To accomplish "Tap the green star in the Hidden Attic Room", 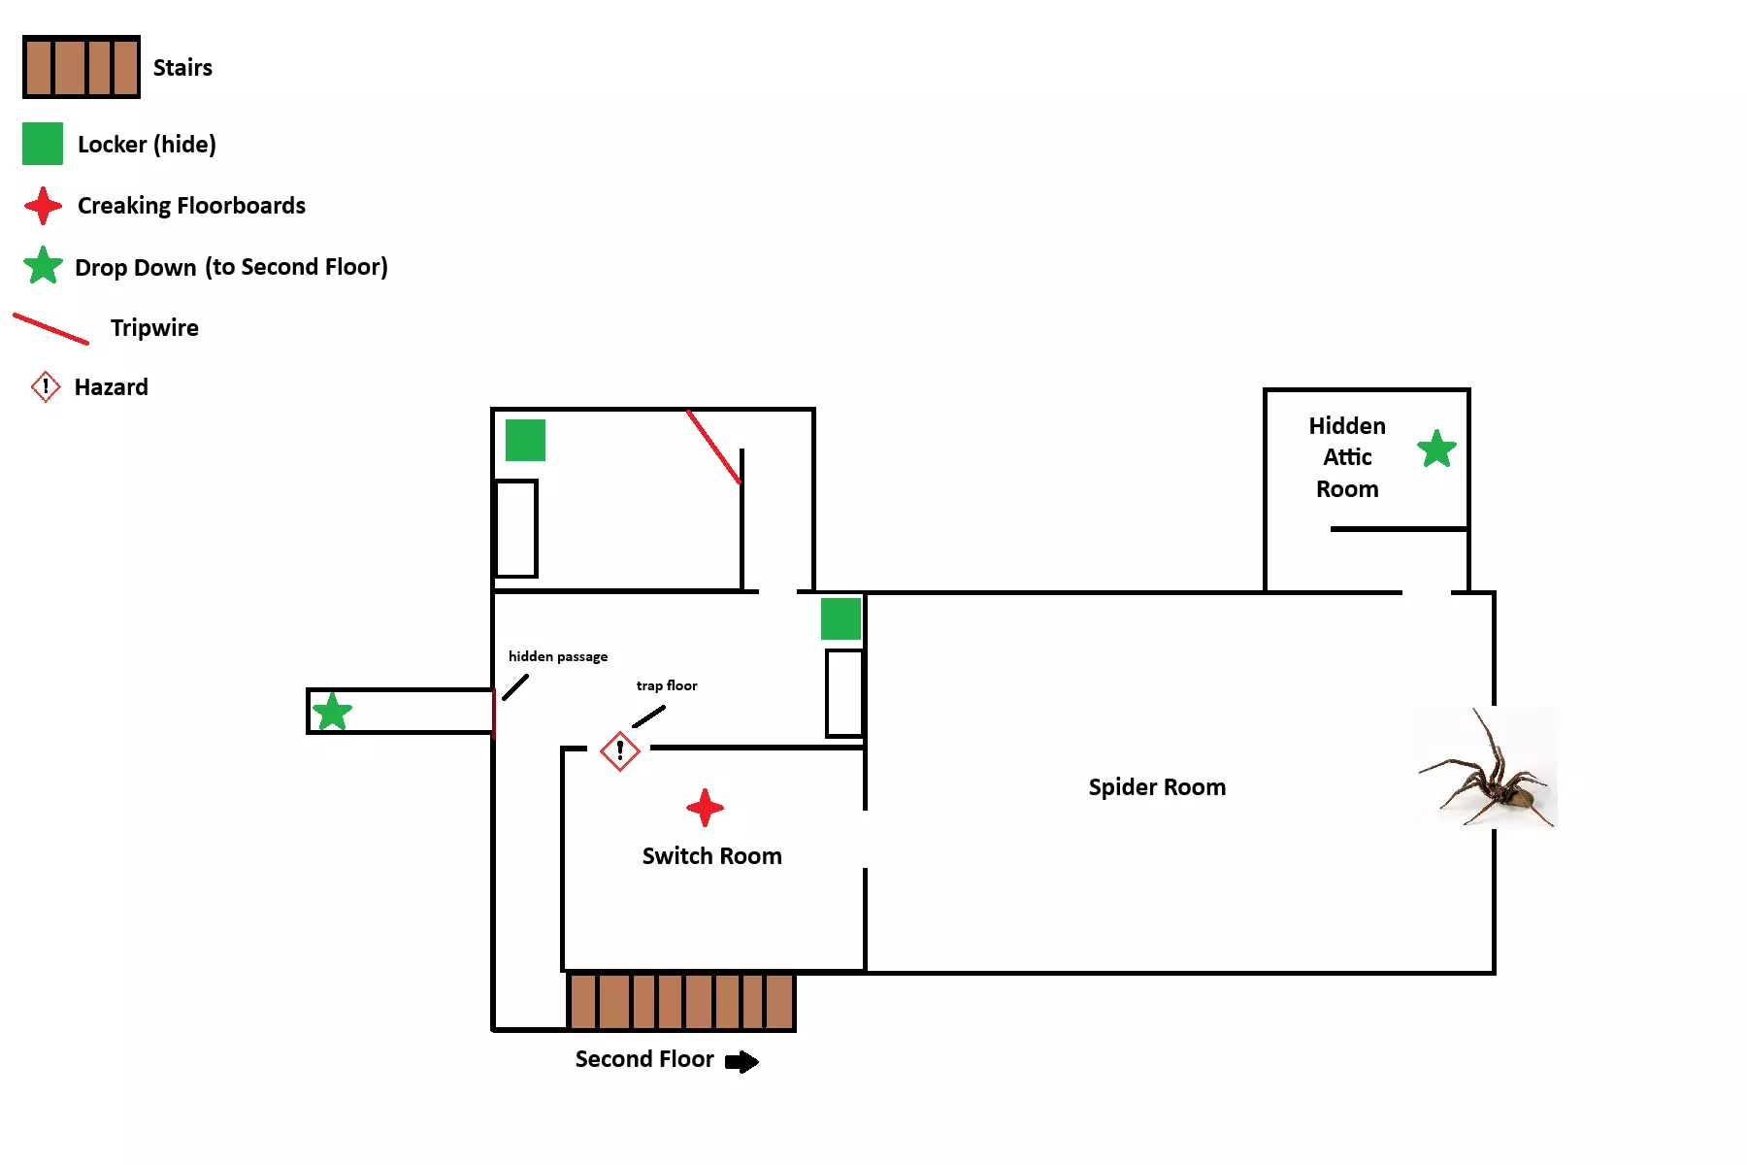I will click(1436, 449).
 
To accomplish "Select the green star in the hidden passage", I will click(332, 712).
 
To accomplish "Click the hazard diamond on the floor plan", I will click(619, 750).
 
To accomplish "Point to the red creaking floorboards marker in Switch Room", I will click(705, 807).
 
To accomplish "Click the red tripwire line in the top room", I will click(714, 447).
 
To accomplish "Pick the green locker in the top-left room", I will click(525, 440).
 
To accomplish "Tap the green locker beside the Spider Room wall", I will click(841, 618).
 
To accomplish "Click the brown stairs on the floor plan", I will click(681, 1001).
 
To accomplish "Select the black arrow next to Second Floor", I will click(742, 1061).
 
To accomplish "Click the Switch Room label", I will click(711, 856).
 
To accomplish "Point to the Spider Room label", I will click(1157, 787).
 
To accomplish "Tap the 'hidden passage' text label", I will click(558, 656).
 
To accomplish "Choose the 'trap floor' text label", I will click(667, 685).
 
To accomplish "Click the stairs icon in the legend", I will click(82, 67).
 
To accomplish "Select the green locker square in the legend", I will click(43, 144).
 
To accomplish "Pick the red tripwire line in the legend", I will click(50, 328).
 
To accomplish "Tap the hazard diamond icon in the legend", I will click(46, 386).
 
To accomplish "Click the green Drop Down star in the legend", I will click(44, 266).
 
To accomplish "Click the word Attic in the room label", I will click(1347, 457).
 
